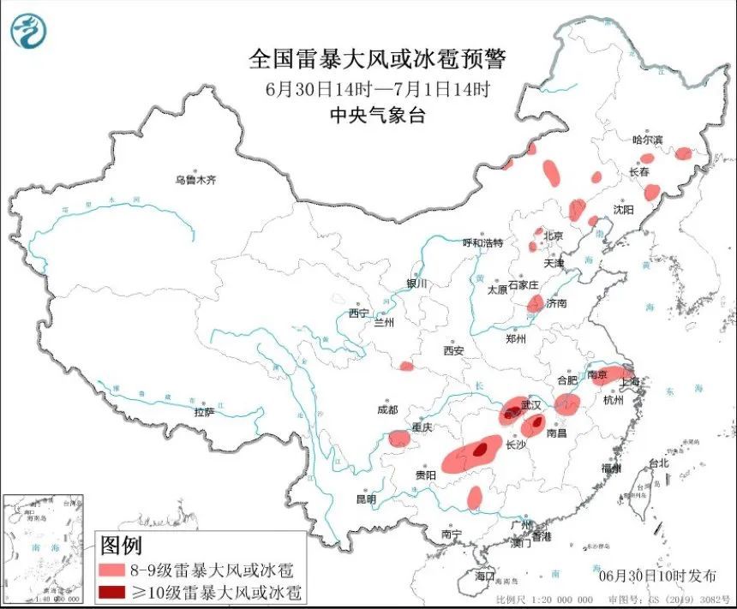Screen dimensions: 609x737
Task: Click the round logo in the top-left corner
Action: click(x=28, y=32)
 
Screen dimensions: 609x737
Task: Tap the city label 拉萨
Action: click(x=203, y=412)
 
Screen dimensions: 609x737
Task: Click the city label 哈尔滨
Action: click(x=648, y=140)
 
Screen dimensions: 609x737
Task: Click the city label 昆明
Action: click(x=367, y=499)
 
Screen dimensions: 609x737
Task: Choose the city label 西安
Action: click(x=453, y=350)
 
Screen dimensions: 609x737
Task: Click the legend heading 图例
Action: click(x=121, y=545)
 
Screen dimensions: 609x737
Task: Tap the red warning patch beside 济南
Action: click(x=536, y=302)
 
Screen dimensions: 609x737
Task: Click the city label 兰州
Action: click(x=382, y=323)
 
